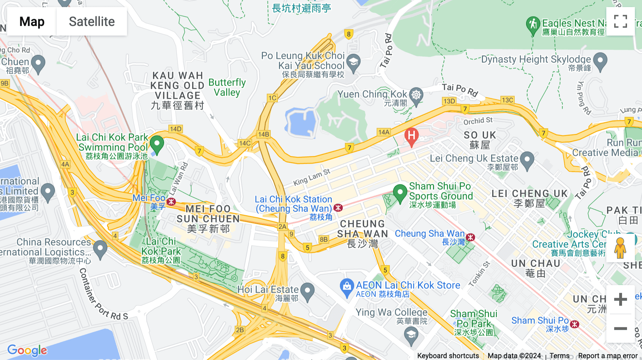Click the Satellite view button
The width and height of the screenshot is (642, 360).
point(92,21)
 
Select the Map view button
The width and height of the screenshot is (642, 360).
point(32,21)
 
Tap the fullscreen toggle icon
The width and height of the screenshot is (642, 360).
point(620,21)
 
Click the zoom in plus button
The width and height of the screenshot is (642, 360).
point(620,299)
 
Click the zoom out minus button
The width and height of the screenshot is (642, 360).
point(620,328)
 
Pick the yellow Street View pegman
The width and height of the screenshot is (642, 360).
point(620,248)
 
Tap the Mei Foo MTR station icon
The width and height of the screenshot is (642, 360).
point(172,202)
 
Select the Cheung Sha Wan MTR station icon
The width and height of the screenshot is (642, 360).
point(471,237)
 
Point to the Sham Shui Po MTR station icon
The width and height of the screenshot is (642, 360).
point(575,324)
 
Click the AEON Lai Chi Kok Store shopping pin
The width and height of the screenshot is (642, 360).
point(347,287)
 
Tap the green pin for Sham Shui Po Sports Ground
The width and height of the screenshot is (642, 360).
point(400,193)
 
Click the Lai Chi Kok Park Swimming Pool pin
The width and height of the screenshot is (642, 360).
point(157,144)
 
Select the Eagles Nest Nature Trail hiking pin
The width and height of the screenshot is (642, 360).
point(533,25)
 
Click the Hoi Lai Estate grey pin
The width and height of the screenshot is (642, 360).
point(307,291)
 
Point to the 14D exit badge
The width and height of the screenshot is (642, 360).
point(175,129)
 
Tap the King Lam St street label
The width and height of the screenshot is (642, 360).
point(312,177)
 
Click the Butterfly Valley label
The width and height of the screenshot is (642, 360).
point(227,87)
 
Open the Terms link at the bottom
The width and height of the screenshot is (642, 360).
point(559,356)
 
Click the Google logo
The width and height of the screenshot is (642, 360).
point(27,350)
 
